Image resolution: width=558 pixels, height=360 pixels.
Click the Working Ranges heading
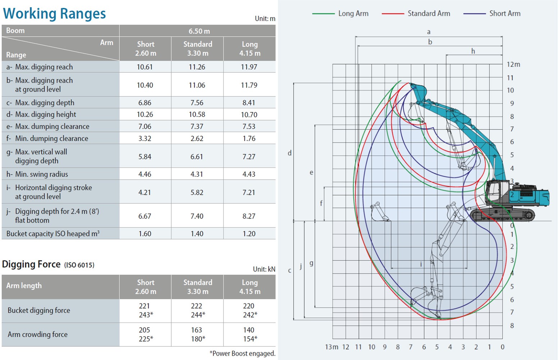[x=54, y=14]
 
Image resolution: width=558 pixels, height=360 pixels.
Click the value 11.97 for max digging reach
[x=249, y=67]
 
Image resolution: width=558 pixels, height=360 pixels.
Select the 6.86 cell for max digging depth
[x=145, y=103]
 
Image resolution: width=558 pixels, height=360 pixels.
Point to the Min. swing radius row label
[x=41, y=174]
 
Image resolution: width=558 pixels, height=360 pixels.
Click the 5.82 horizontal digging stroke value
[x=197, y=192]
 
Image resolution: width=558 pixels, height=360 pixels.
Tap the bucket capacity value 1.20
[x=249, y=234]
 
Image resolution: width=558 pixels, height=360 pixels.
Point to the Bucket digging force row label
[x=39, y=310]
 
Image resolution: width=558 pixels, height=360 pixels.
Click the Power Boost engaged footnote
[x=242, y=354]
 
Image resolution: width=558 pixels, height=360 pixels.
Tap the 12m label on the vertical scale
[x=513, y=64]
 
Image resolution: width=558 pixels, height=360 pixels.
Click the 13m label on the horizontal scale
[x=331, y=347]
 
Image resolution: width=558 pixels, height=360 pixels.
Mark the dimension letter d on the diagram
[x=290, y=153]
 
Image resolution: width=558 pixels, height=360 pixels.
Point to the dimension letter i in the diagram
[x=421, y=264]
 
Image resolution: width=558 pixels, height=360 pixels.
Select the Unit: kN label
[x=264, y=269]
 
